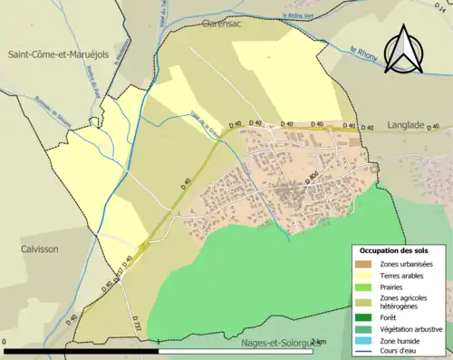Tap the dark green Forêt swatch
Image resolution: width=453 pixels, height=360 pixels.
(x=362, y=317)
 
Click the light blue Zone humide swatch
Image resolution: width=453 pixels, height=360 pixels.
(x=362, y=340)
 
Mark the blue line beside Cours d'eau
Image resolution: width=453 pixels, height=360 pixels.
(x=362, y=351)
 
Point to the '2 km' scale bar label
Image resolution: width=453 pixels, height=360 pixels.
(x=318, y=341)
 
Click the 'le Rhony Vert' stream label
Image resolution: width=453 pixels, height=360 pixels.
(x=303, y=16)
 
